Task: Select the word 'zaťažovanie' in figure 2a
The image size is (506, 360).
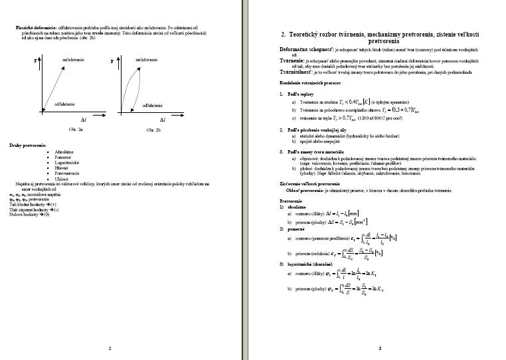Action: coord(73,60)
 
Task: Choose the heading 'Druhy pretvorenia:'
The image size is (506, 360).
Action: coord(28,145)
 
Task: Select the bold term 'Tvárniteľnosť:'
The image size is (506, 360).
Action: coord(301,72)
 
